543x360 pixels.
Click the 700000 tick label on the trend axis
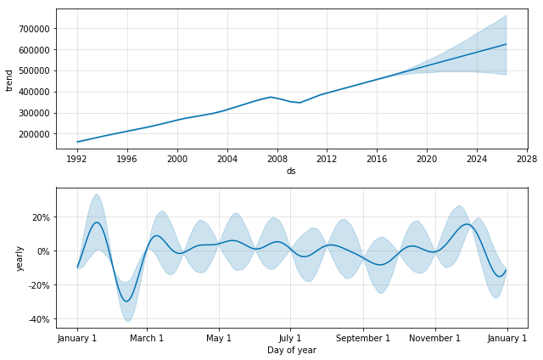tap(34, 29)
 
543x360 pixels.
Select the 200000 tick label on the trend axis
tap(34, 134)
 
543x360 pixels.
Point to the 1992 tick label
tap(77, 159)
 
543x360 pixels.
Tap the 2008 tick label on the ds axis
tap(277, 159)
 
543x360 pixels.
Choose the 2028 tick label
tap(527, 159)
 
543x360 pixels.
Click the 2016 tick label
tap(377, 159)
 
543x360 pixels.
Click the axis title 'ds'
tap(291, 172)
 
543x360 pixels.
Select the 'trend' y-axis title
tap(9, 81)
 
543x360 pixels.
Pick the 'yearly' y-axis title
tap(20, 258)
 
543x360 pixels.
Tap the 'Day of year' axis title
tap(292, 351)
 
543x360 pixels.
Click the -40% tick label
tap(40, 319)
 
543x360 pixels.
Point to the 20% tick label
tap(42, 217)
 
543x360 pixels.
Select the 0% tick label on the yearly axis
tap(44, 251)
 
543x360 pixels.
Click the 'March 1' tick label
tap(147, 338)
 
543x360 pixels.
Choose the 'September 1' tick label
tap(363, 338)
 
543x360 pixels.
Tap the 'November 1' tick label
tap(435, 338)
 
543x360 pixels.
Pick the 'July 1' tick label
tap(290, 338)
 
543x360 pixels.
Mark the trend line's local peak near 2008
tap(271, 97)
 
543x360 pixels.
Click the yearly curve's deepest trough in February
tap(126, 301)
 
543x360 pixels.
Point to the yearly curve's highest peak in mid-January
tap(97, 222)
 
